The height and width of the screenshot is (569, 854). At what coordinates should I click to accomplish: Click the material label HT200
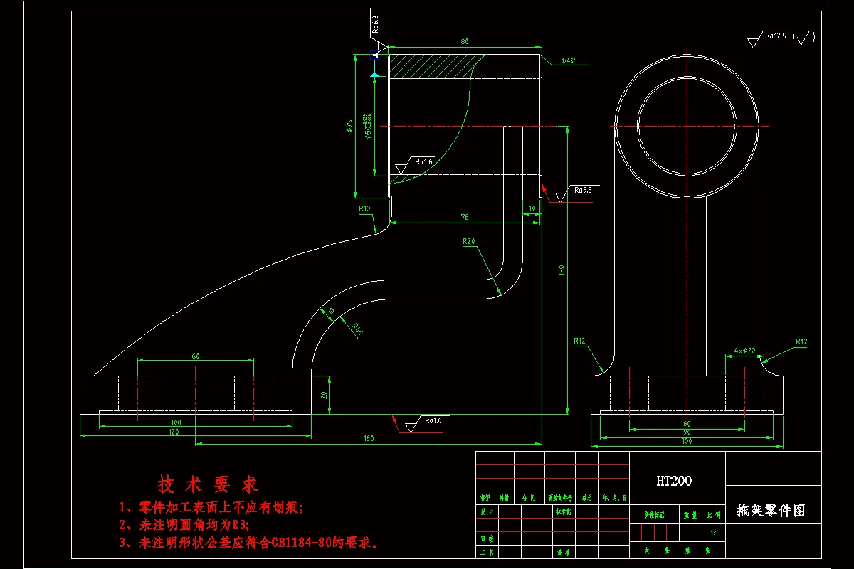pyautogui.click(x=673, y=482)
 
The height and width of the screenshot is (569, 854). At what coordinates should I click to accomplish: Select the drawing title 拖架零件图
pyautogui.click(x=771, y=511)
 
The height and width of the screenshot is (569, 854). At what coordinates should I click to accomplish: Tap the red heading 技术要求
pyautogui.click(x=208, y=485)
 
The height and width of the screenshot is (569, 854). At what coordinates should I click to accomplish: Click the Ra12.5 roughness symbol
pyautogui.click(x=774, y=36)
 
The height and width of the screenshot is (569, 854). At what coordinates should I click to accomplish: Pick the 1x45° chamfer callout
pyautogui.click(x=568, y=60)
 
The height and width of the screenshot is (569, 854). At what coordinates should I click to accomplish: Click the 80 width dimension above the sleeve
pyautogui.click(x=465, y=42)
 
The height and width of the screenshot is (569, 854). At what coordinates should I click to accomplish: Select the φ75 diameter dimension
pyautogui.click(x=349, y=126)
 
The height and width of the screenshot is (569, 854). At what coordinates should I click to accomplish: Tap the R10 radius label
pyautogui.click(x=364, y=209)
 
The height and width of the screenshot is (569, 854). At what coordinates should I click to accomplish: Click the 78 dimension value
pyautogui.click(x=465, y=216)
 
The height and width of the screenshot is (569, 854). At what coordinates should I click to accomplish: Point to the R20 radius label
pyautogui.click(x=468, y=242)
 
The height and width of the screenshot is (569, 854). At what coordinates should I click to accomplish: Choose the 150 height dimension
pyautogui.click(x=561, y=270)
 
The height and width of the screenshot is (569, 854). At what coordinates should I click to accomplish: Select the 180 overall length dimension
pyautogui.click(x=368, y=439)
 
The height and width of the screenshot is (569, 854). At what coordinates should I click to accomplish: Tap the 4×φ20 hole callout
pyautogui.click(x=744, y=351)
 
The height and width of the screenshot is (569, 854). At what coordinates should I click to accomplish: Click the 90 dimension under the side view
pyautogui.click(x=687, y=432)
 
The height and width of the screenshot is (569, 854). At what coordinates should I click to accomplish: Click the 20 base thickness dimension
pyautogui.click(x=324, y=395)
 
